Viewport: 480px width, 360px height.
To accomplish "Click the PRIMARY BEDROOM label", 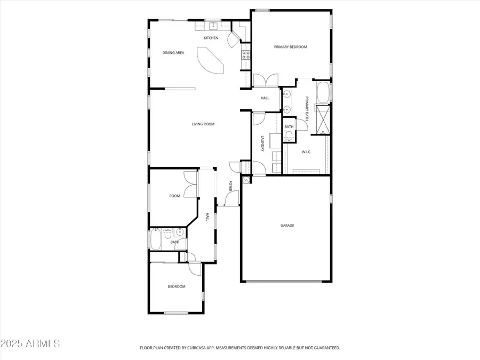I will click(291, 47).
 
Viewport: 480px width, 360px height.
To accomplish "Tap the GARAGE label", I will click(287, 226).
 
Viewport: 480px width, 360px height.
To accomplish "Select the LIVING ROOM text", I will click(203, 124).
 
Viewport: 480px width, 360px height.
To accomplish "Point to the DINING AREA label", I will click(173, 53).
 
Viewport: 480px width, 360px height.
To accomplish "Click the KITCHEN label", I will click(211, 38).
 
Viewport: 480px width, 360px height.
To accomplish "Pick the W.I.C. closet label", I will click(306, 152).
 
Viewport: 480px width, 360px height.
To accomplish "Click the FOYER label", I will click(231, 186).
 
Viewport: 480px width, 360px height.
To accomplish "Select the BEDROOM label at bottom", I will click(177, 286).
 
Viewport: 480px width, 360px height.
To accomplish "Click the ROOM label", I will click(174, 196).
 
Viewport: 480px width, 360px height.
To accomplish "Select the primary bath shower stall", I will click(323, 119).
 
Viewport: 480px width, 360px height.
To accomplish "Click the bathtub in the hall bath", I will click(156, 240).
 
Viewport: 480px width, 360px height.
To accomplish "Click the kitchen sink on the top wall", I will click(212, 25).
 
